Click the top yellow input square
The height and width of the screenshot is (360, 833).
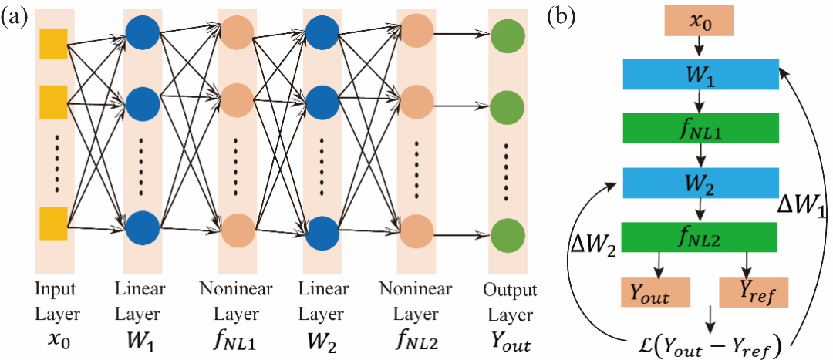coord(53,42)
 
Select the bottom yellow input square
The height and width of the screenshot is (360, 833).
coord(53,222)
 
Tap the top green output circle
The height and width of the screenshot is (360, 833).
coord(508,35)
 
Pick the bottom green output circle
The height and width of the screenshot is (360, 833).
coord(508,233)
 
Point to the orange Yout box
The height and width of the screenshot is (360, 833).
coord(655,292)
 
